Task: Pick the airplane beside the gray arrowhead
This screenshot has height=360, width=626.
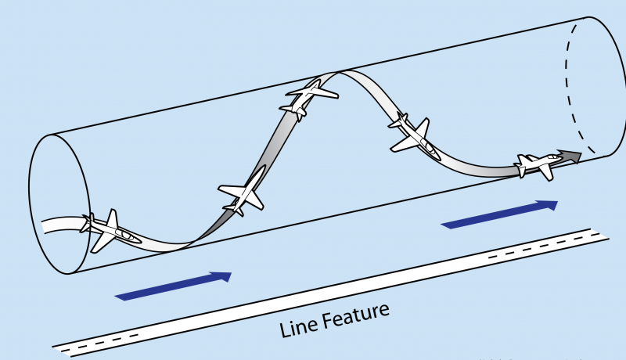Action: point(537,164)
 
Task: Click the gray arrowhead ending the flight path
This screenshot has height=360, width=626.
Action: point(571,156)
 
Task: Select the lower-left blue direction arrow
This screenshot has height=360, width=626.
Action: point(173,285)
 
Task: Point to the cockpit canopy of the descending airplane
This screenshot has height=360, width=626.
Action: point(426,144)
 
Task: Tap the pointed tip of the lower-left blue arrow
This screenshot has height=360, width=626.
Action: point(231,274)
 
